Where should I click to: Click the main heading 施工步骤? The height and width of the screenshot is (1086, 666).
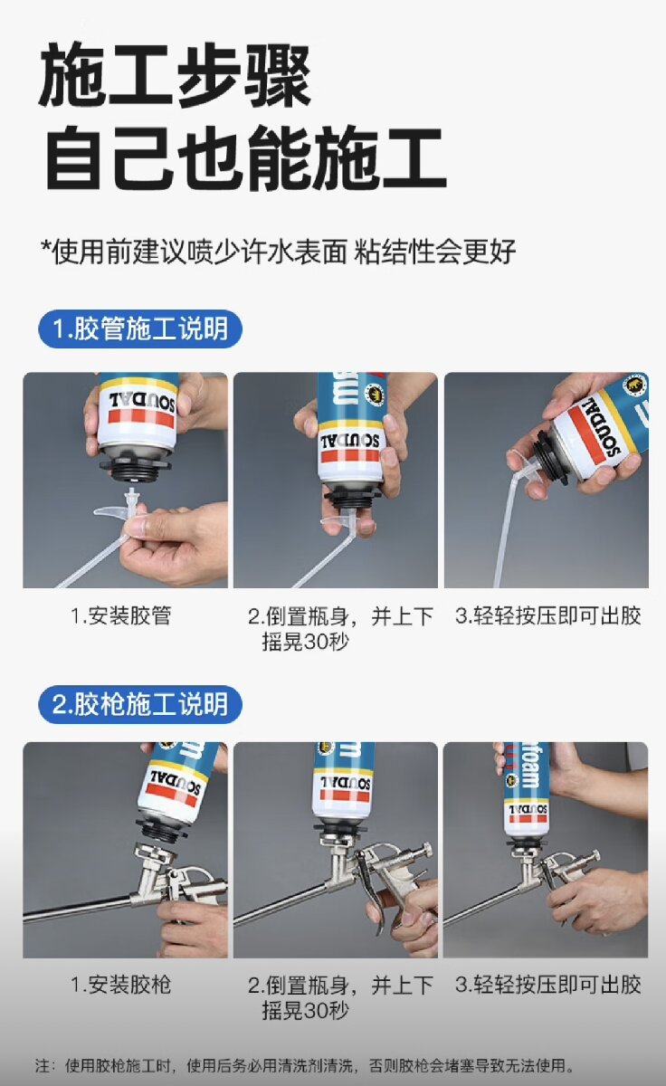[175, 74]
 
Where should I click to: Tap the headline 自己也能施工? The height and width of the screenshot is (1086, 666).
[246, 158]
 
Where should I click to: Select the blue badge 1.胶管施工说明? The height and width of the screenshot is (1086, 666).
[140, 329]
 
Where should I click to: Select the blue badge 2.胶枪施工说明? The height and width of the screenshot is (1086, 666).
[140, 704]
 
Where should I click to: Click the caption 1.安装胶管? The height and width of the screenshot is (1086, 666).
[121, 615]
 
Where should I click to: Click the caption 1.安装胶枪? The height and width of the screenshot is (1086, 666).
[121, 985]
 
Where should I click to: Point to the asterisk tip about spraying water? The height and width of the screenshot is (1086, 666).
[278, 252]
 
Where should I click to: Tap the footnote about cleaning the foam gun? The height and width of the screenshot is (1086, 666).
[305, 1065]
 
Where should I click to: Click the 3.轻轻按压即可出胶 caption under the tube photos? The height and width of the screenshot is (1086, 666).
[548, 615]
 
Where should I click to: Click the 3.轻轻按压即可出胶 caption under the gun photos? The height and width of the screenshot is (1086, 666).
[548, 985]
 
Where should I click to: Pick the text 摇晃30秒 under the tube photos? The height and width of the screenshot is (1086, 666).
[305, 642]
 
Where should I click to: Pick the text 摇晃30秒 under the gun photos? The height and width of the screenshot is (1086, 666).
[305, 1011]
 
